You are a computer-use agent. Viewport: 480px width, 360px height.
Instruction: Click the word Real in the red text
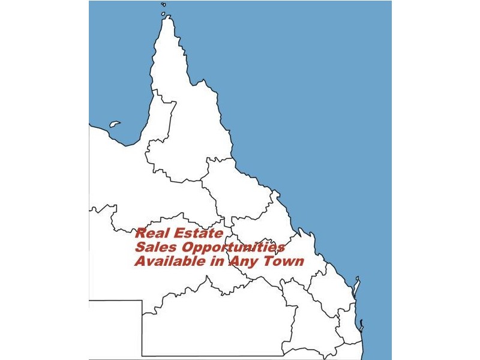tap(151, 233)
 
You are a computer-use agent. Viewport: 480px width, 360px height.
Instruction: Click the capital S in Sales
tap(140, 248)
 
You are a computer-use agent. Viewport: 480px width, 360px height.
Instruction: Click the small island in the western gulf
tap(115, 125)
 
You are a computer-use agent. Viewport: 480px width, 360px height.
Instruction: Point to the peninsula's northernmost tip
tap(167, 18)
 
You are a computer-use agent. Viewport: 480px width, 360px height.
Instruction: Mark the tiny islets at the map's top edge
tap(163, 5)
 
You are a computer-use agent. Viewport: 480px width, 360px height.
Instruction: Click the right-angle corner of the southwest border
tap(142, 301)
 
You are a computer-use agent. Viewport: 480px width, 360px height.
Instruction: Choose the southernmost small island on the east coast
tap(362, 326)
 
